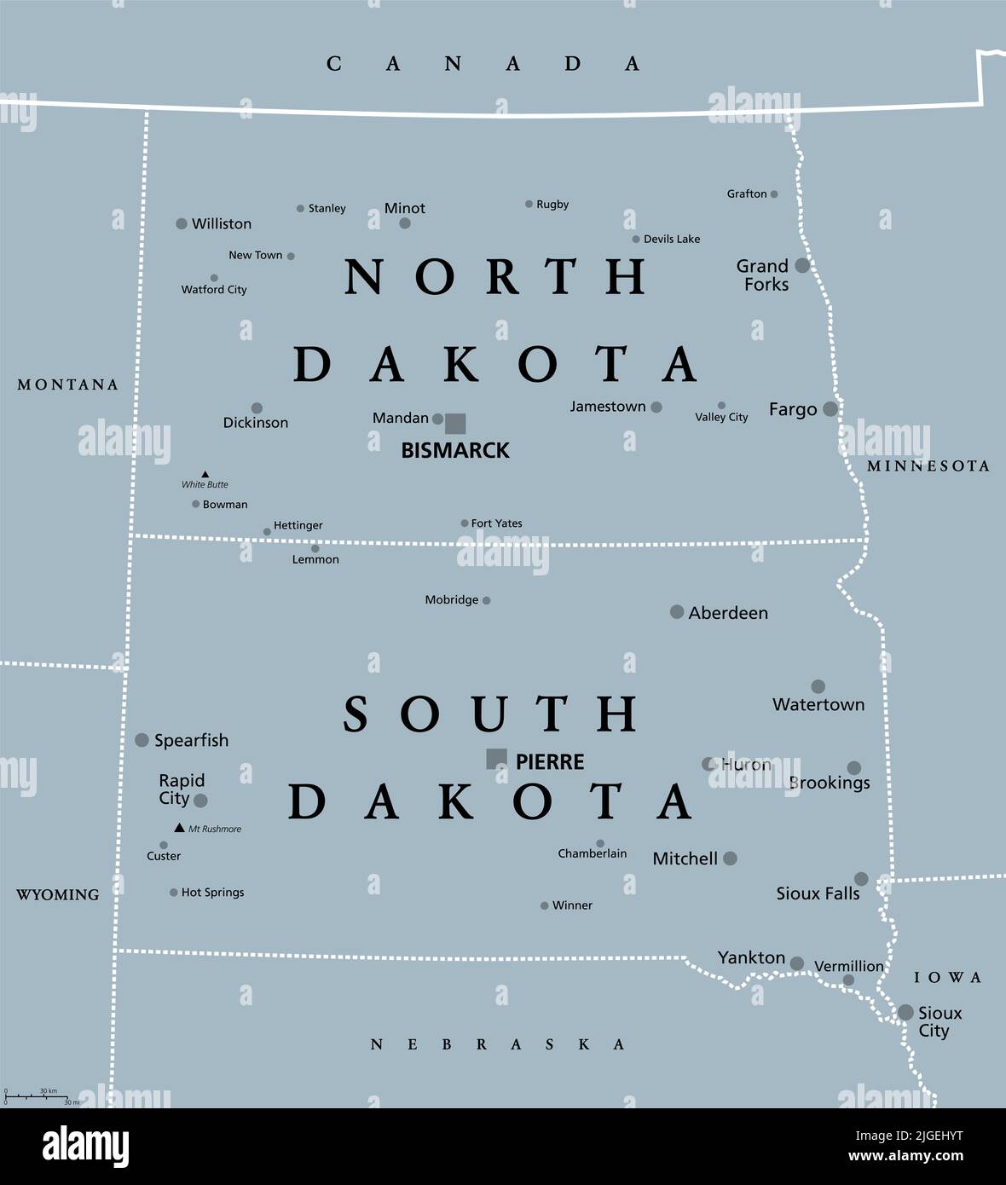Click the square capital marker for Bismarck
pyautogui.click(x=455, y=423)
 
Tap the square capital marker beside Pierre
pyautogui.click(x=496, y=759)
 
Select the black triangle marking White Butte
pyautogui.click(x=205, y=474)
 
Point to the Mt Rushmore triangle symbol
pyautogui.click(x=179, y=828)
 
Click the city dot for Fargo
pyautogui.click(x=830, y=409)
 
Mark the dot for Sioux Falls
pyautogui.click(x=861, y=879)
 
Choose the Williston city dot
pyautogui.click(x=182, y=223)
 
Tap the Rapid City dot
pyautogui.click(x=200, y=801)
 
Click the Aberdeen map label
pyautogui.click(x=728, y=613)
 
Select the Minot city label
pyautogui.click(x=405, y=208)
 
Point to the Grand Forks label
pyautogui.click(x=764, y=275)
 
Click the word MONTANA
pyautogui.click(x=68, y=384)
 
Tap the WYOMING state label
pyautogui.click(x=58, y=894)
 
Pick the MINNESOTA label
pyautogui.click(x=928, y=466)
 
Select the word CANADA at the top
pyautogui.click(x=483, y=64)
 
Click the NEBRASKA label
pyautogui.click(x=498, y=1044)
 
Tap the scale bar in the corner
pyautogui.click(x=41, y=1095)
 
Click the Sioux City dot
pyautogui.click(x=905, y=1013)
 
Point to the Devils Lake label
pyautogui.click(x=671, y=240)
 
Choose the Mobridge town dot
pyautogui.click(x=486, y=601)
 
